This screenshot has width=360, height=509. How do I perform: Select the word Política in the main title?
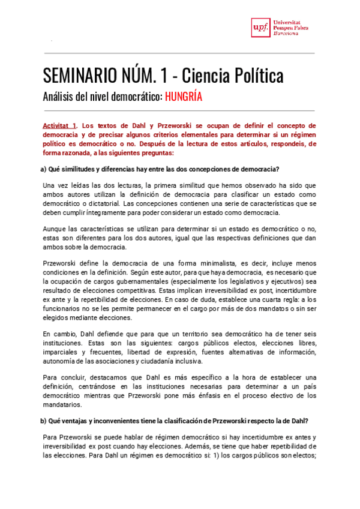[x=257, y=76]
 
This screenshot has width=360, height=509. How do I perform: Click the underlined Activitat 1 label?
[x=59, y=126]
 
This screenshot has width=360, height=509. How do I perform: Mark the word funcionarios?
[x=64, y=309]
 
